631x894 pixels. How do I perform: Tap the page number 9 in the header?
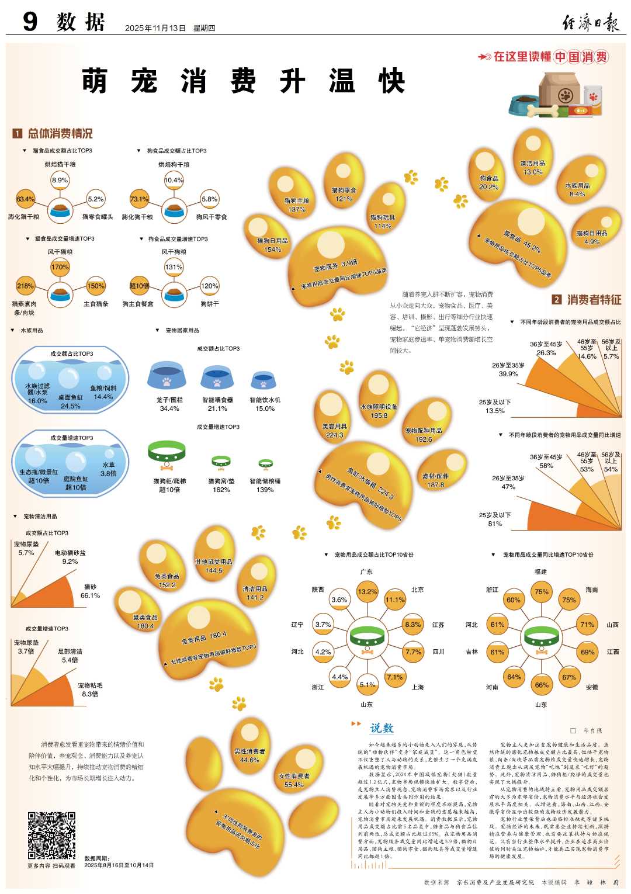[x=30, y=22]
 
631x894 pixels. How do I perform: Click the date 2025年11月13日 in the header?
[x=155, y=28]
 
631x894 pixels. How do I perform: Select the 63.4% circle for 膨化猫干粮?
[x=25, y=199]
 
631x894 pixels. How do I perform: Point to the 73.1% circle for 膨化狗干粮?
[x=139, y=199]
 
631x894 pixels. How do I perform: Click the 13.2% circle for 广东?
[x=367, y=592]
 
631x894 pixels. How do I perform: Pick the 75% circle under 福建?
[x=542, y=592]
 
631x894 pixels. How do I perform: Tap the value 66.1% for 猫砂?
[x=90, y=595]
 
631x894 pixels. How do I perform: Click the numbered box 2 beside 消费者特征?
[x=557, y=300]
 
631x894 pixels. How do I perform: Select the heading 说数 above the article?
[x=382, y=728]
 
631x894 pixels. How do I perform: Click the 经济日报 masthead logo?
[x=590, y=23]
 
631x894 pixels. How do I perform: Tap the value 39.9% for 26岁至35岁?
[x=508, y=374]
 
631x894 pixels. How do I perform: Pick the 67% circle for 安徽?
[x=569, y=677]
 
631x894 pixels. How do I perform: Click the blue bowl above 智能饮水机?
[x=264, y=381]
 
